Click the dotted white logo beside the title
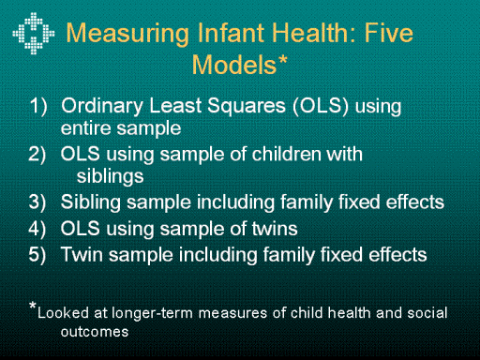pyautogui.click(x=34, y=33)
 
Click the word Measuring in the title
pyautogui.click(x=127, y=34)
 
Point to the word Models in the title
pyautogui.click(x=234, y=65)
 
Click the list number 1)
pyautogui.click(x=38, y=106)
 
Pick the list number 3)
pyautogui.click(x=37, y=202)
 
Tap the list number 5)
pyautogui.click(x=37, y=254)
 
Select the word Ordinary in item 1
pyautogui.click(x=102, y=107)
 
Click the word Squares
pyautogui.click(x=247, y=106)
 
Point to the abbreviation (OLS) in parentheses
pyautogui.click(x=321, y=106)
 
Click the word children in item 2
pyautogui.click(x=286, y=154)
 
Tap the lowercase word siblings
pyautogui.click(x=111, y=177)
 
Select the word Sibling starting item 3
pyautogui.click(x=91, y=202)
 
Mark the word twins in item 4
pyautogui.click(x=275, y=229)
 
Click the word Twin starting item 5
pyautogui.click(x=82, y=254)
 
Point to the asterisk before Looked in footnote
pyautogui.click(x=33, y=306)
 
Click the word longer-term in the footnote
pyautogui.click(x=152, y=313)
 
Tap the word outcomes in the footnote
pyautogui.click(x=95, y=332)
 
